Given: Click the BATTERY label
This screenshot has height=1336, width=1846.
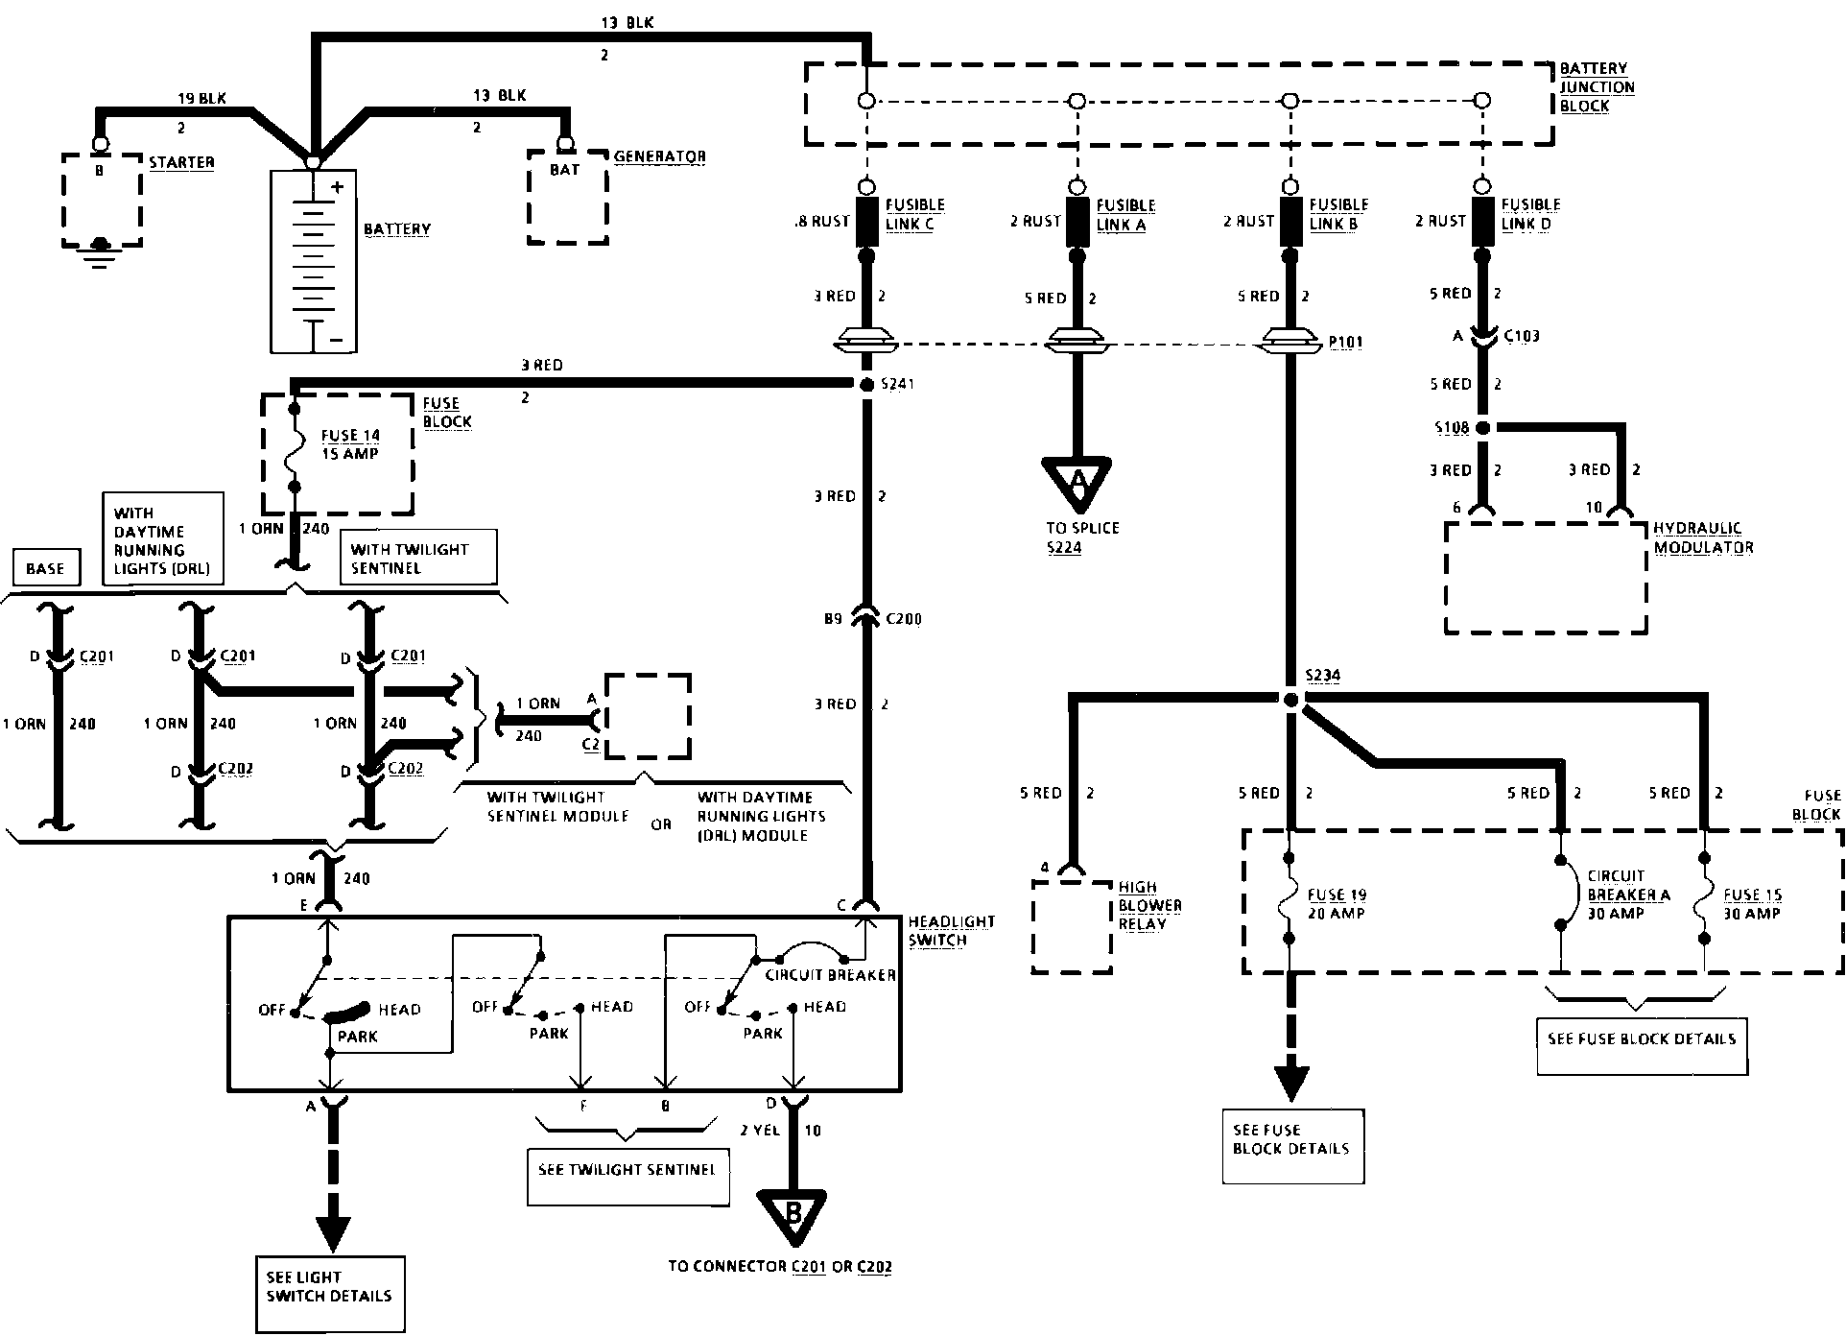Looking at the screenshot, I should [396, 229].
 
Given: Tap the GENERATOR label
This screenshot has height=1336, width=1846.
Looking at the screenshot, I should [659, 156].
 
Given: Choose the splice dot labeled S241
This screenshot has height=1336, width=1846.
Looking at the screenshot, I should [865, 384].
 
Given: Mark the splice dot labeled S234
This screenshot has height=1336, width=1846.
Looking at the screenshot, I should [1290, 700].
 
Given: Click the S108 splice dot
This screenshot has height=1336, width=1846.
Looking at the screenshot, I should [1482, 428].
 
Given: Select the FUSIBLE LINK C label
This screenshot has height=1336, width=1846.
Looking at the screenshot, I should [914, 214].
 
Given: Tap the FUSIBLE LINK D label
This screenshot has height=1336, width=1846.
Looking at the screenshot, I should [1530, 214].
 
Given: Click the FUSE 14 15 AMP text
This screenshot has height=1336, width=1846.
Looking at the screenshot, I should [350, 444].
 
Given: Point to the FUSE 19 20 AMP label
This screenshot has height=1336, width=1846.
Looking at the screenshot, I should [1336, 903].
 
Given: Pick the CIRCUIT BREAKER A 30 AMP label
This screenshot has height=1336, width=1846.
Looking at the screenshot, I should [1628, 895].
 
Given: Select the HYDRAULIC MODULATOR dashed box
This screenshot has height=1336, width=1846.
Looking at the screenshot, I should [1545, 578].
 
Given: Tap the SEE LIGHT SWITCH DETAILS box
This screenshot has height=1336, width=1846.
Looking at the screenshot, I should [329, 1287].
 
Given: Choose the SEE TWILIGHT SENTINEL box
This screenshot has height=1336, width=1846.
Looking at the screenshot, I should [627, 1170].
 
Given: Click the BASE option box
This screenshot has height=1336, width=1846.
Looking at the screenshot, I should [45, 568].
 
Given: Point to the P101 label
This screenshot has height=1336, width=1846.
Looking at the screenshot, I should [1345, 343].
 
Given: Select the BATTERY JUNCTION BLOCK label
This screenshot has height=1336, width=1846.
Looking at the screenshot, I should [1597, 87].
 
